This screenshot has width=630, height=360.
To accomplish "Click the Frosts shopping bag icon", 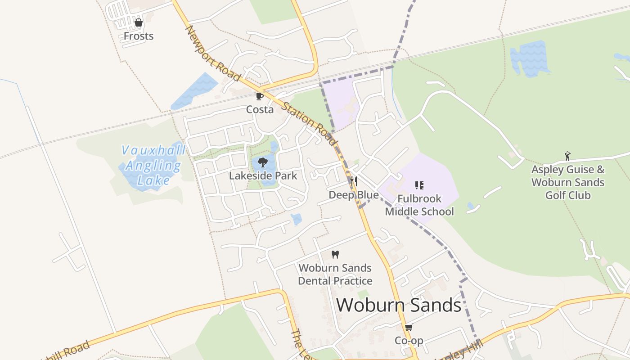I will click(x=139, y=22).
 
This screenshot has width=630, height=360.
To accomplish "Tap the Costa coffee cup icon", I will click(x=260, y=96).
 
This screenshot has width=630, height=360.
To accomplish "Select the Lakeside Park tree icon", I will click(x=263, y=162).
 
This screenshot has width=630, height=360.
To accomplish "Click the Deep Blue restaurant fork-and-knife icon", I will click(x=354, y=181).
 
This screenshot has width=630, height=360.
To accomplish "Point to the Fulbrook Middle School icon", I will click(x=419, y=185).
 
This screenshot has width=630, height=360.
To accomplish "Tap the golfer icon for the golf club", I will click(x=567, y=156).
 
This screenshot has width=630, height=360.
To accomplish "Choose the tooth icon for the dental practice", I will click(x=335, y=254).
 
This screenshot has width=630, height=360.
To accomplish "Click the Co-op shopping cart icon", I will click(x=409, y=327).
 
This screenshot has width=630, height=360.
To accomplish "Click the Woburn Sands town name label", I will click(x=399, y=305).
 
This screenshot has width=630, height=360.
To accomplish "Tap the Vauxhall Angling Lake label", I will click(x=153, y=166).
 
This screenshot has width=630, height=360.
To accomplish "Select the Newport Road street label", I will click(x=213, y=54).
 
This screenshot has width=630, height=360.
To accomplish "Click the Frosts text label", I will click(x=139, y=36).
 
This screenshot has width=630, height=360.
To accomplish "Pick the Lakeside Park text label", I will click(x=263, y=175).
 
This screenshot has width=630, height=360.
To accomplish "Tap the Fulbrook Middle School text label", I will click(x=419, y=205).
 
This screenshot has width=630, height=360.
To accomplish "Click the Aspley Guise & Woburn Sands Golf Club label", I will click(x=568, y=182).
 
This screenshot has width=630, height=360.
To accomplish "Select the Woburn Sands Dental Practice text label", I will click(x=335, y=274).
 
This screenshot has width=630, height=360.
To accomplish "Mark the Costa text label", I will click(x=260, y=109).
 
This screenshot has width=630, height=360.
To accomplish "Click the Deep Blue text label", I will click(x=354, y=195).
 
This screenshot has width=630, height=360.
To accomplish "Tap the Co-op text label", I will click(x=409, y=341).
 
